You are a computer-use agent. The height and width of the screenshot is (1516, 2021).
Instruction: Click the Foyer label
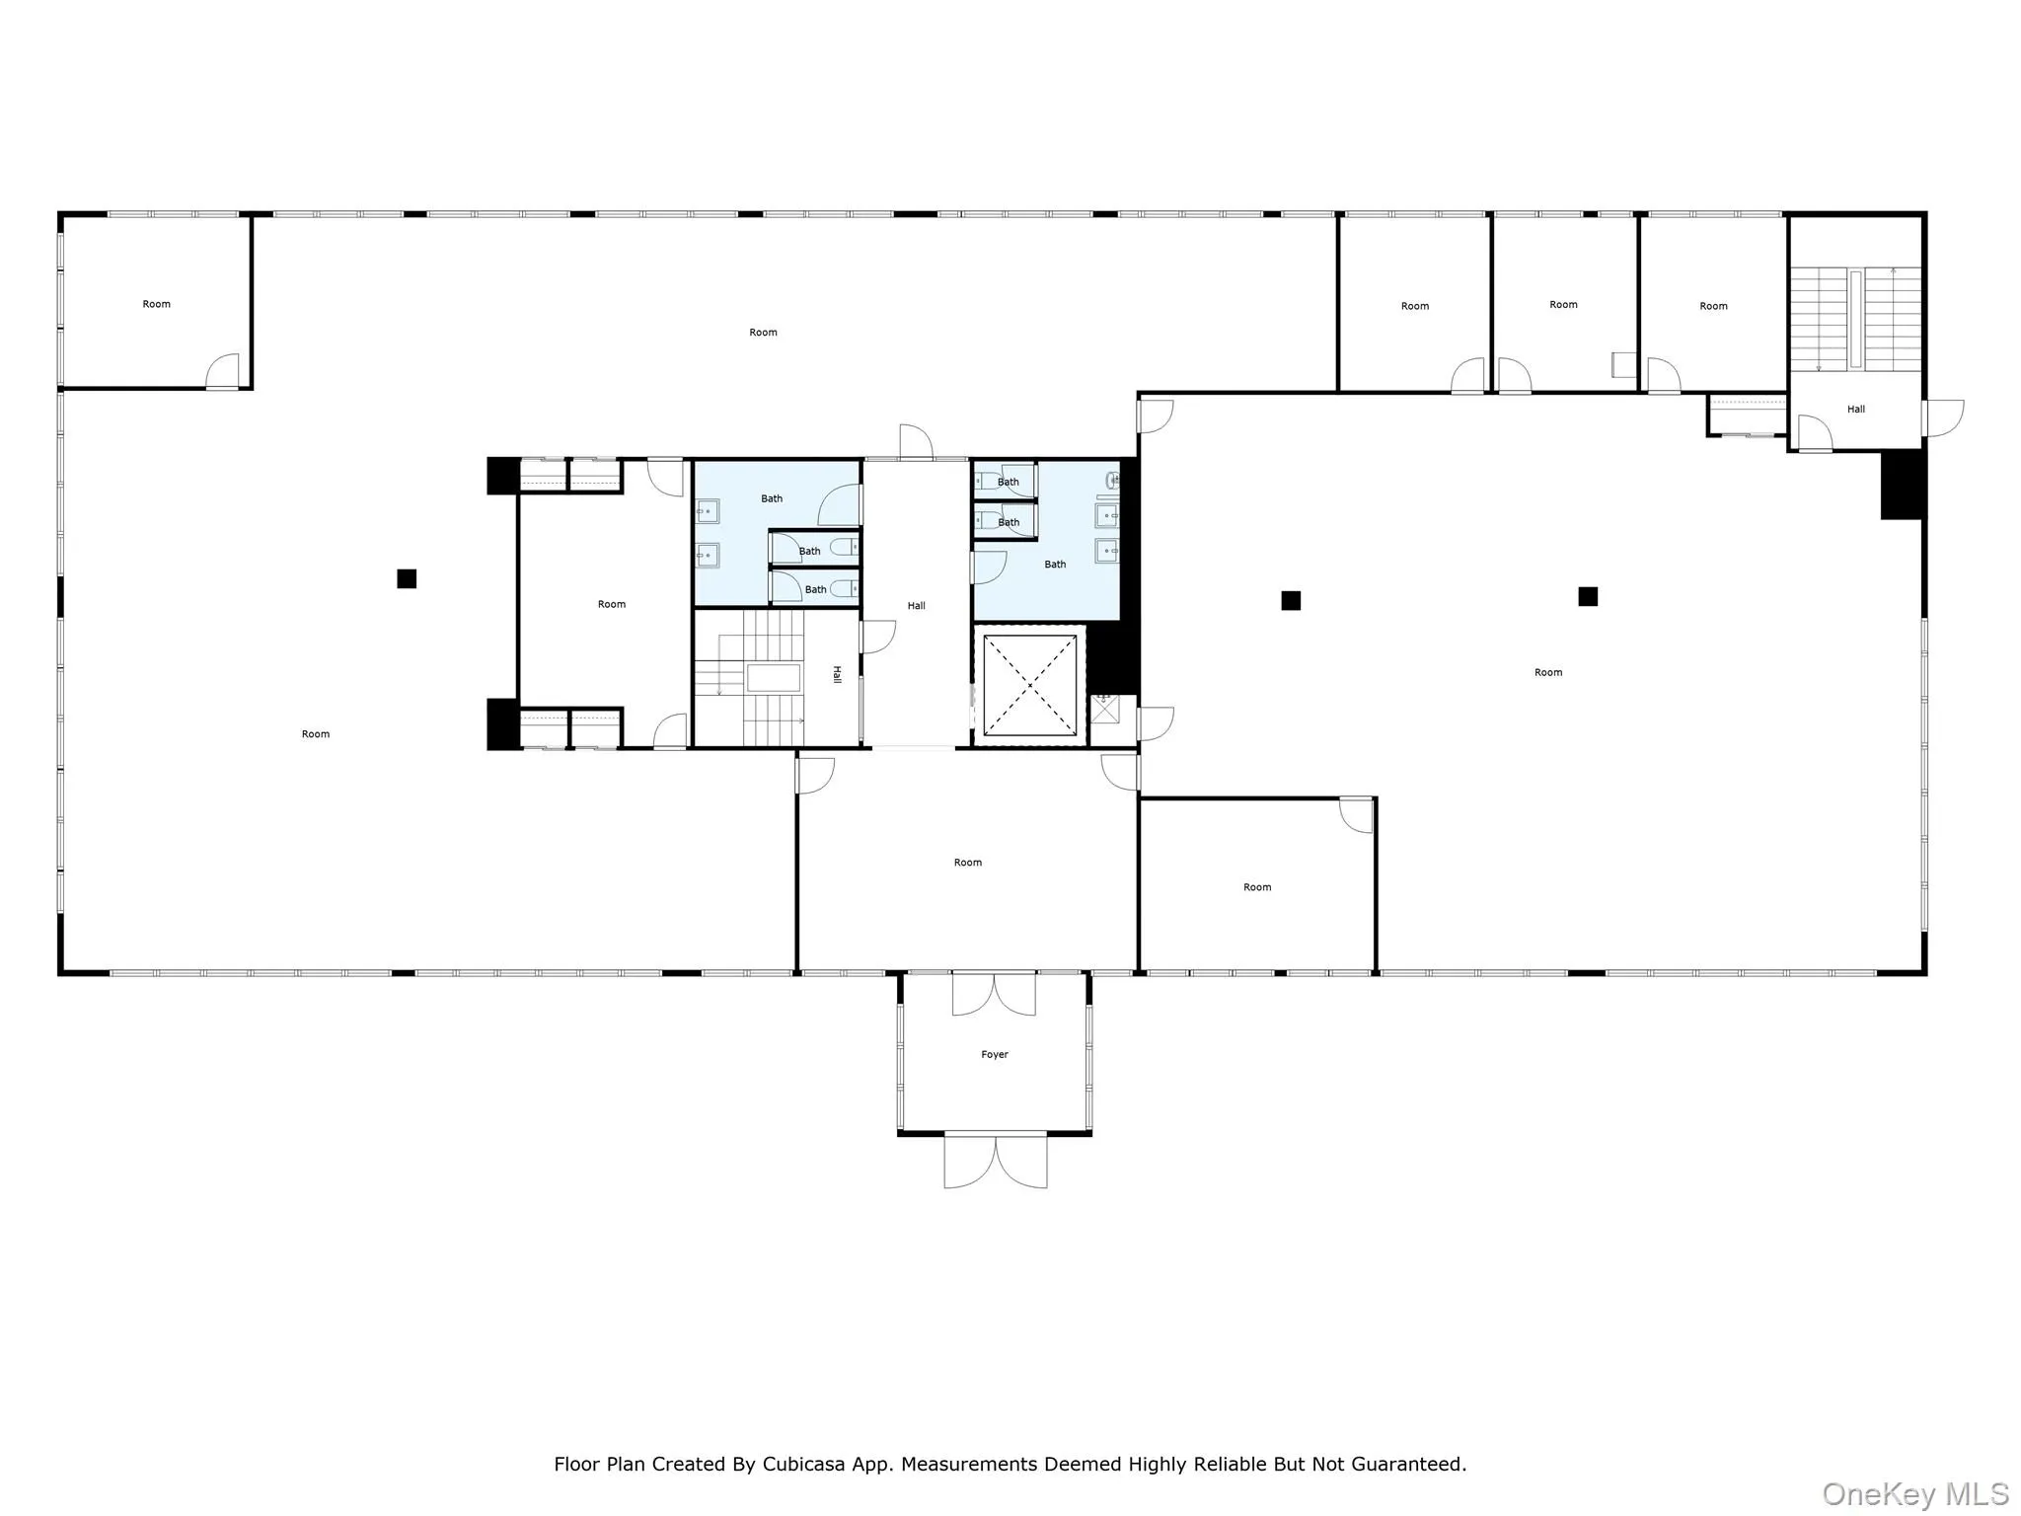(x=994, y=1054)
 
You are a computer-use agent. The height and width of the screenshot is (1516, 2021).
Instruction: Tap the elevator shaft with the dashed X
(x=1029, y=685)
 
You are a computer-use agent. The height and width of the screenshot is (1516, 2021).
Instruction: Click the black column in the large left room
(x=407, y=578)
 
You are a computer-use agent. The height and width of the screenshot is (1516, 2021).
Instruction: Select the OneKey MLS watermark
(x=1914, y=1493)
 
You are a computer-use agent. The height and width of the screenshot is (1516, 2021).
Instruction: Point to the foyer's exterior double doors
(x=995, y=1161)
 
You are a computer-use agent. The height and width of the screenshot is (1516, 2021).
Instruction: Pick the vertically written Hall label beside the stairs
(x=837, y=675)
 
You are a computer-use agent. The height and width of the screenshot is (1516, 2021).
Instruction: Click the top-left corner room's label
(x=156, y=304)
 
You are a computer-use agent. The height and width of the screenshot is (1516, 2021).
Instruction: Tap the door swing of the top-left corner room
(x=224, y=371)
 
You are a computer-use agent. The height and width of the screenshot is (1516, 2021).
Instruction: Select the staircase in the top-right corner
(x=1855, y=318)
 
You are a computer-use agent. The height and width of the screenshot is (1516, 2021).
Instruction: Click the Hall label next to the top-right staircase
(x=1855, y=409)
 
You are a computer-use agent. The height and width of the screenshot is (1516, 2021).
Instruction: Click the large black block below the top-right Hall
(x=1902, y=484)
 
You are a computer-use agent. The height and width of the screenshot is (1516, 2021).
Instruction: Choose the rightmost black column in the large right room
(x=1587, y=596)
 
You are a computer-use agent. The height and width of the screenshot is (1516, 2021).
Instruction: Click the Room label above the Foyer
(x=967, y=863)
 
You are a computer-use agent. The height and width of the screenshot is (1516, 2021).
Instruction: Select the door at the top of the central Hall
(x=916, y=442)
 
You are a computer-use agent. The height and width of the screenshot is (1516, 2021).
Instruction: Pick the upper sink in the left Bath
(x=707, y=511)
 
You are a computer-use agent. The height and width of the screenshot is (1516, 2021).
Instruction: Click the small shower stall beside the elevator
(x=1104, y=709)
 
